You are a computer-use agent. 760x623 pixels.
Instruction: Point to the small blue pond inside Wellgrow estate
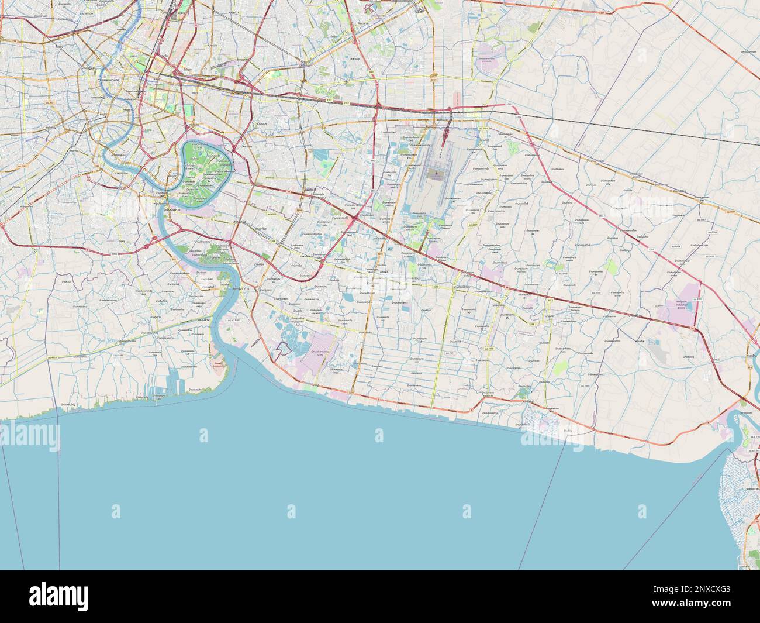pos(689,306)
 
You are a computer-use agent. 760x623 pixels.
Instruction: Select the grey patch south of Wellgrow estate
pos(662,351)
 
